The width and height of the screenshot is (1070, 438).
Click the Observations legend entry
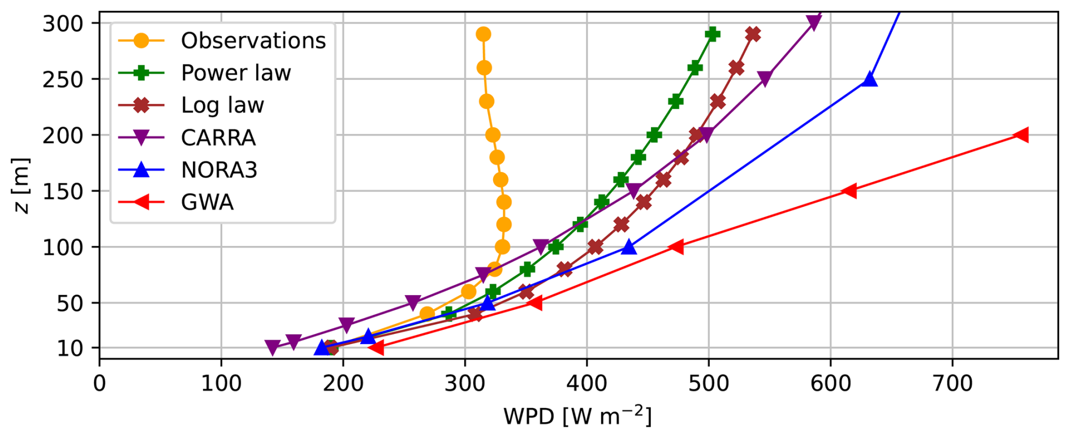click(x=253, y=41)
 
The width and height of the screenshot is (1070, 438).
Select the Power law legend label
click(x=235, y=73)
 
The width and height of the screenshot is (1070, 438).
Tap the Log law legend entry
click(x=222, y=105)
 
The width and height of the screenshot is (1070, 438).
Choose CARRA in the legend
click(x=218, y=137)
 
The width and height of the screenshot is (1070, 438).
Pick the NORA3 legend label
click(x=219, y=170)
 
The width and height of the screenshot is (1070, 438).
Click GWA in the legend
click(x=207, y=202)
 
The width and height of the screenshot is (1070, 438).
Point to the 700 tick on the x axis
click(x=952, y=383)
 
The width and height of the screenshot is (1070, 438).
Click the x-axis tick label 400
click(x=586, y=383)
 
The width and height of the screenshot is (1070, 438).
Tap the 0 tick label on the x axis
click(x=100, y=383)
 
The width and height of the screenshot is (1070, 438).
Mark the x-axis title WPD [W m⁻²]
click(x=577, y=416)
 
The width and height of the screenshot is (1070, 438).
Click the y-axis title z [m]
click(x=21, y=185)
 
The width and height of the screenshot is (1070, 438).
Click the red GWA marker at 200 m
click(x=1021, y=135)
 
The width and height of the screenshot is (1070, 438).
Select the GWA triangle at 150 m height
click(x=849, y=191)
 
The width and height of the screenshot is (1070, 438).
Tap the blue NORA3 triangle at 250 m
click(x=870, y=80)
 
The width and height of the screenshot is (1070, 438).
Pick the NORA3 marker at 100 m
click(x=628, y=247)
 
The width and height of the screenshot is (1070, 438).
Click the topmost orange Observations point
click(x=483, y=34)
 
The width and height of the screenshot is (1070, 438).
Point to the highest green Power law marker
click(x=713, y=34)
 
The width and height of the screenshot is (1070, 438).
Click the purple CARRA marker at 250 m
click(x=765, y=79)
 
